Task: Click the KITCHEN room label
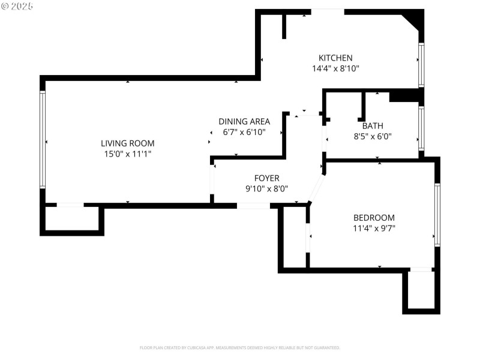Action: pos(335,58)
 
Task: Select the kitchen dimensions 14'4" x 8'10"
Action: pos(335,68)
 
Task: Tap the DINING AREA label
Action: pos(244,121)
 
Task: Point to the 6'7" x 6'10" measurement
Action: pos(244,132)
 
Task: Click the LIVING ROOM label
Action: pos(127,143)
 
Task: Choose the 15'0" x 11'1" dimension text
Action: pos(127,154)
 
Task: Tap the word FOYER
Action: pos(266,178)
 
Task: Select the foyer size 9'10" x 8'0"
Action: pos(266,188)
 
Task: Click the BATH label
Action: pos(372,126)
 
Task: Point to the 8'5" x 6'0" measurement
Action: pos(372,136)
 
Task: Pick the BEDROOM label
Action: pos(374,218)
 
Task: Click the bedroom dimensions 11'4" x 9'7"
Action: pos(374,228)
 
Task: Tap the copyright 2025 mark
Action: pos(17,6)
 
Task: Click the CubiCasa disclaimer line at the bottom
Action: pos(240,348)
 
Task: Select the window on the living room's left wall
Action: pos(43,140)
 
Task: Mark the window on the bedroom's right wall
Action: pos(437,214)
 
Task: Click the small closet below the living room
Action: pos(72,220)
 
